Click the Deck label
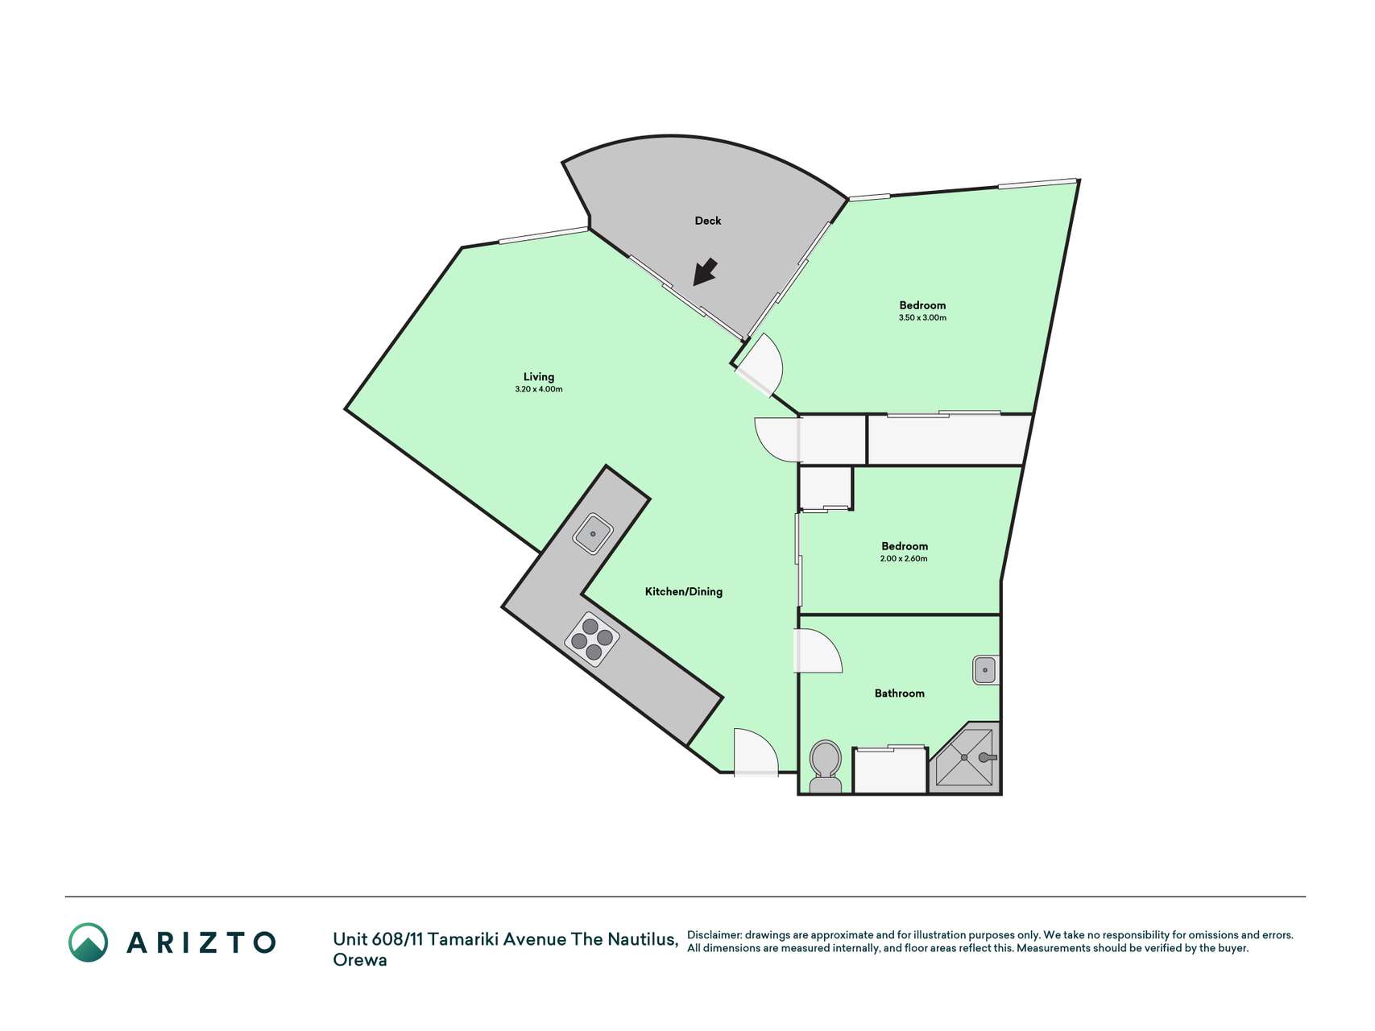(708, 221)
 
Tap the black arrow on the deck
(706, 271)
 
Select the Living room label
(539, 377)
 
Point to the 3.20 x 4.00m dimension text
(539, 390)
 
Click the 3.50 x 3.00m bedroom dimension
(922, 318)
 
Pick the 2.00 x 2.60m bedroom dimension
(904, 559)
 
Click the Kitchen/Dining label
(684, 592)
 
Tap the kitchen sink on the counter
(594, 533)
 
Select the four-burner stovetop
(592, 640)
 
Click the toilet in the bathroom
(825, 768)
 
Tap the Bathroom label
(900, 694)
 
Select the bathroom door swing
(819, 651)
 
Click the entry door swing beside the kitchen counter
(756, 752)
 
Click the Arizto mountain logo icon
(88, 942)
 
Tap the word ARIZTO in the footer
(201, 942)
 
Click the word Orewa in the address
(360, 960)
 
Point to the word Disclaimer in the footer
(714, 935)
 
